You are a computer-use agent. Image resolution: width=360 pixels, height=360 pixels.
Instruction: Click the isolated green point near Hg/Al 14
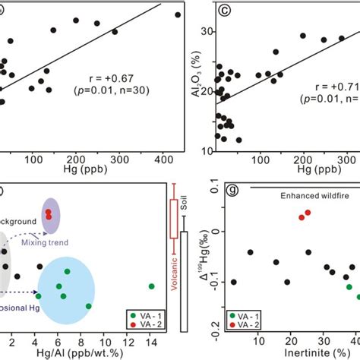click(151, 286)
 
